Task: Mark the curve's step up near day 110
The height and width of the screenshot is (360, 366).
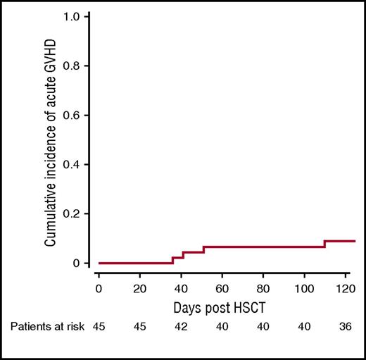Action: pos(324,244)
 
